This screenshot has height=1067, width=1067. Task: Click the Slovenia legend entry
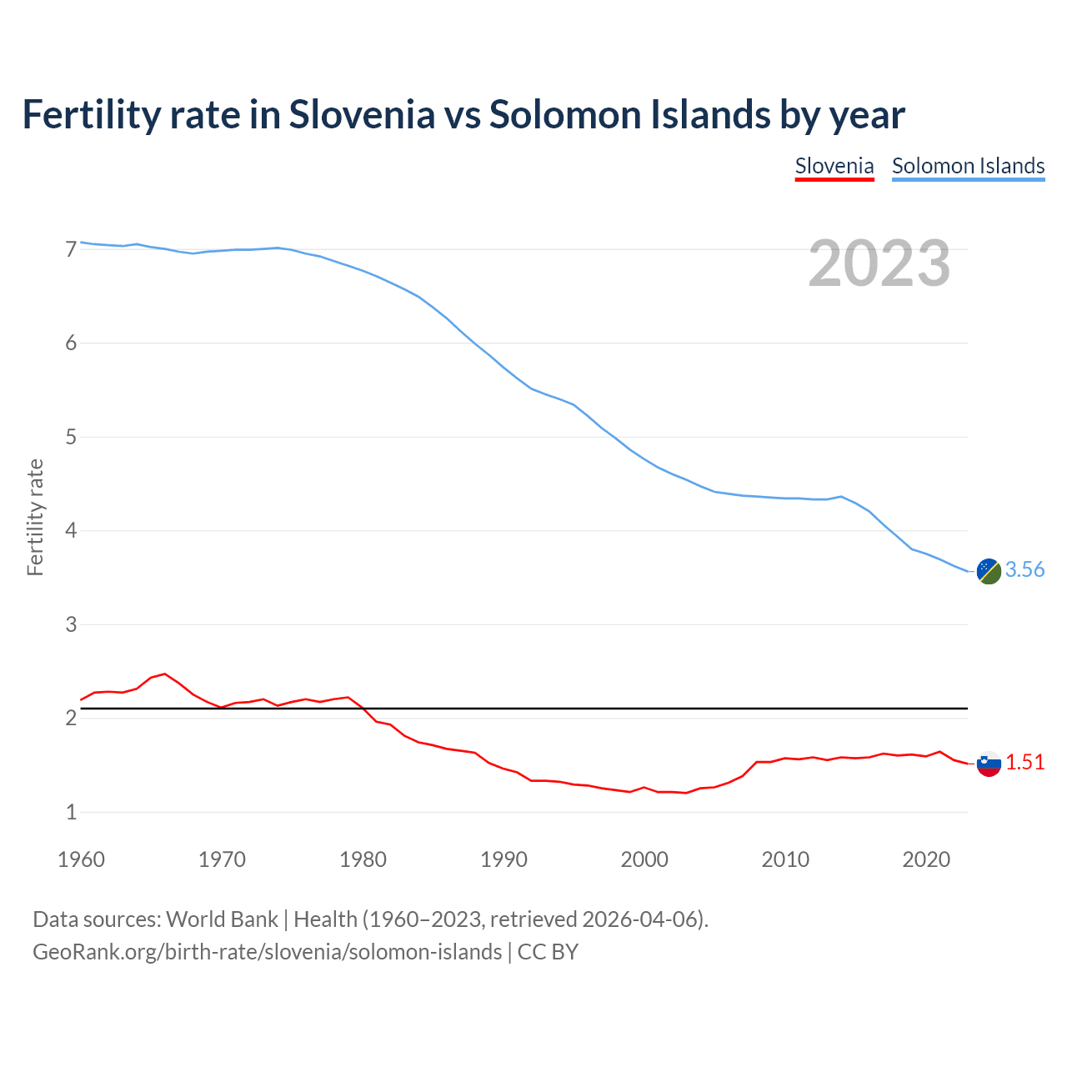click(x=834, y=166)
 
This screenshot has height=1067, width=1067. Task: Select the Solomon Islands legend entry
click(x=968, y=166)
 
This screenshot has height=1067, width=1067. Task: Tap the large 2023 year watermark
click(x=879, y=263)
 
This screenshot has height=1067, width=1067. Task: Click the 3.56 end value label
click(x=1024, y=569)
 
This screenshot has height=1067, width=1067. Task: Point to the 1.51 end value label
click(x=1024, y=762)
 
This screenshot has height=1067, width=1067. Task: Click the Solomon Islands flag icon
click(x=989, y=571)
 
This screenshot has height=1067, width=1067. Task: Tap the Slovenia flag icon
click(x=989, y=764)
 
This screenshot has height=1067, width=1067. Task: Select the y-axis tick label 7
click(x=71, y=249)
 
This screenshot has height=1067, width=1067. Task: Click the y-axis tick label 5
click(x=71, y=437)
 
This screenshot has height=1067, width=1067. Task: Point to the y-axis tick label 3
click(x=71, y=624)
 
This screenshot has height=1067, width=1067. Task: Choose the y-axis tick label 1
click(x=71, y=812)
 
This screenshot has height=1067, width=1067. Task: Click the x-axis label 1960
click(x=81, y=859)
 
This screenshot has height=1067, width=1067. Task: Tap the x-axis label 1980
click(x=363, y=859)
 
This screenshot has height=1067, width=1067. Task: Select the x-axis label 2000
click(x=644, y=859)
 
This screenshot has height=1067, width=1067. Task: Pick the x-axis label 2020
click(x=926, y=859)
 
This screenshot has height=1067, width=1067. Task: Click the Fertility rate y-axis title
click(x=35, y=517)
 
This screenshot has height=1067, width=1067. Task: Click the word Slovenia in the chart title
click(x=362, y=114)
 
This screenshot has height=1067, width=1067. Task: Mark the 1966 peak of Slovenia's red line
click(x=165, y=674)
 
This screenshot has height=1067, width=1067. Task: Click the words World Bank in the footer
click(x=222, y=919)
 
